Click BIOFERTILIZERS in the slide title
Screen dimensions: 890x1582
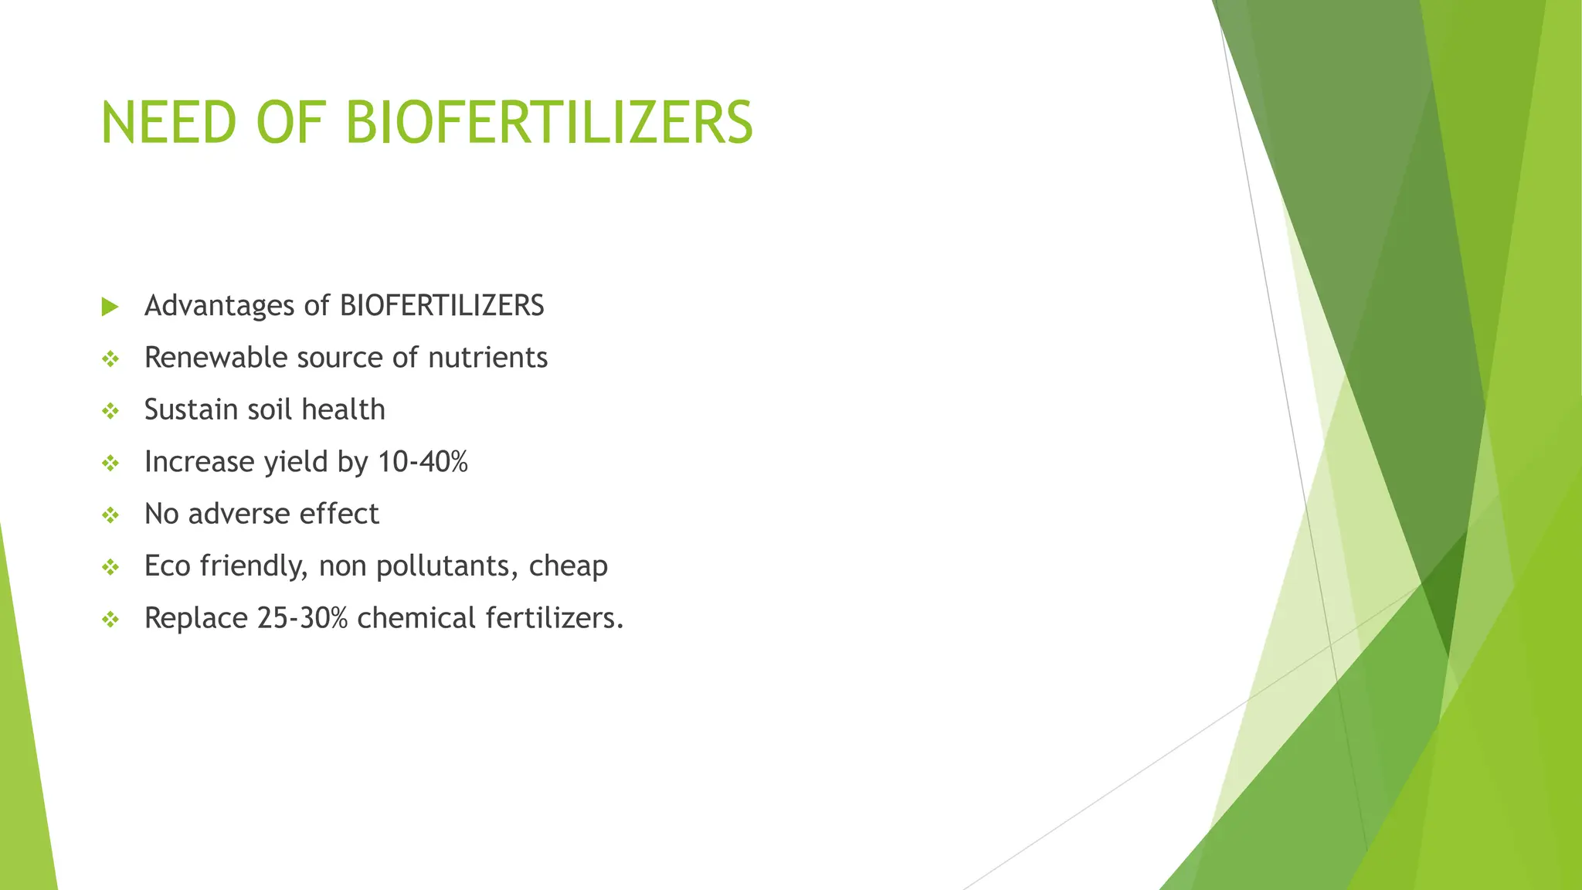click(x=548, y=123)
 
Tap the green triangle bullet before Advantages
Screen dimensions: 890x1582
click(x=110, y=307)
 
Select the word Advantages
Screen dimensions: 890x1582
click(x=219, y=306)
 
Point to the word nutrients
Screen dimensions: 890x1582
click(x=487, y=358)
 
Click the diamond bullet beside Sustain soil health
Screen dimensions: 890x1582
click(x=110, y=411)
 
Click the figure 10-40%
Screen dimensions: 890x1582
click(x=423, y=462)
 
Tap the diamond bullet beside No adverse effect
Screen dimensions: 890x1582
click(x=110, y=515)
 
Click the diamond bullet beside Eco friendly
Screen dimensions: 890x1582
click(x=110, y=568)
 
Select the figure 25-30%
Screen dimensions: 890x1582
click(x=303, y=618)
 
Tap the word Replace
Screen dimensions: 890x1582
click(x=195, y=618)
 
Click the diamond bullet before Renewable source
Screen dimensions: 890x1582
click(x=110, y=359)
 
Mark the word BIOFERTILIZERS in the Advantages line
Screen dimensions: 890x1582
click(x=442, y=306)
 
